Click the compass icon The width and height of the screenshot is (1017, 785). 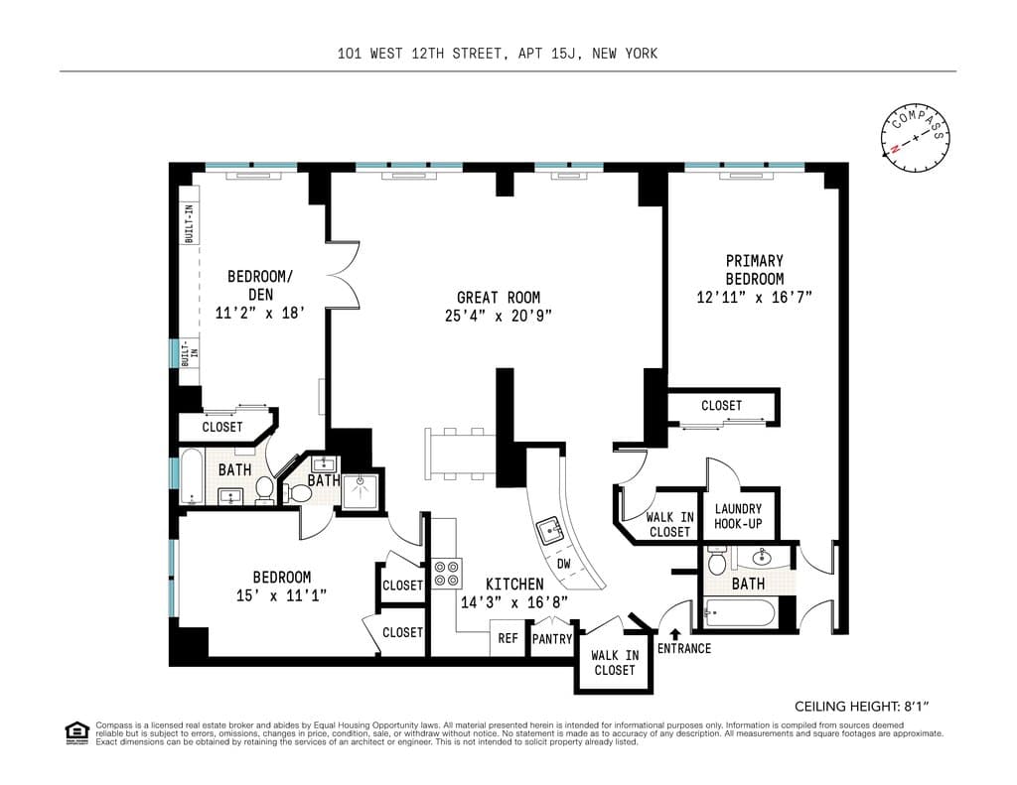coord(915,138)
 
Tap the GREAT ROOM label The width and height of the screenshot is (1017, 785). coord(499,297)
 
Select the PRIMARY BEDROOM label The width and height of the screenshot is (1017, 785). coord(754,270)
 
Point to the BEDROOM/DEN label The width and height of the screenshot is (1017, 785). coord(260,285)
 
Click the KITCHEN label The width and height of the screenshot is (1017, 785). coord(513,585)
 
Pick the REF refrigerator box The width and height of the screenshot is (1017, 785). coord(508,639)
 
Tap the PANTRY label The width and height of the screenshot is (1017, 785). coord(552,639)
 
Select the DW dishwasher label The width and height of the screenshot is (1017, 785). coord(563,563)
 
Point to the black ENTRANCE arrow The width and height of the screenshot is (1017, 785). coord(675,633)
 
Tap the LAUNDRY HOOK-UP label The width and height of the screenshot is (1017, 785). coord(738,516)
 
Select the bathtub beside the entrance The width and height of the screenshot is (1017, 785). coord(737,613)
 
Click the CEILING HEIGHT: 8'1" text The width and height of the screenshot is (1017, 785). coord(861,707)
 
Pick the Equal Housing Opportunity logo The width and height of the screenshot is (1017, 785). coord(76,732)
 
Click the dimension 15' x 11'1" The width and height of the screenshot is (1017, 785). coord(282,594)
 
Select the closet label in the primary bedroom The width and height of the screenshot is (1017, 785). coord(721,405)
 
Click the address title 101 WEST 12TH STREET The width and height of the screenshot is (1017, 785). coord(498,54)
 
